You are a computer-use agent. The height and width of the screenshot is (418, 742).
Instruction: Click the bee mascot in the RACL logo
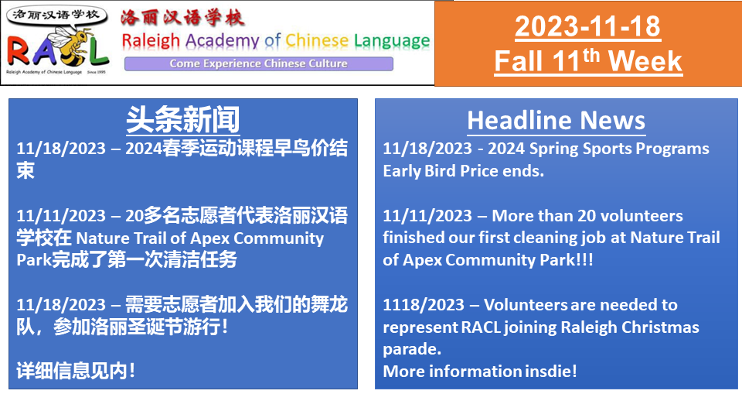click(x=71, y=44)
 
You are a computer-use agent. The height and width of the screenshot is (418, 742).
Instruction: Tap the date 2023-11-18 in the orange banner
click(x=587, y=26)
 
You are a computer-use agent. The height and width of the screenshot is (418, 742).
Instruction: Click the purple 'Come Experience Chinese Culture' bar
click(x=259, y=63)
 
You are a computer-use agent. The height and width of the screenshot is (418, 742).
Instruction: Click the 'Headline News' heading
click(x=556, y=121)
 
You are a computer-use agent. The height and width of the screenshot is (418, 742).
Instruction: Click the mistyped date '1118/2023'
click(x=424, y=305)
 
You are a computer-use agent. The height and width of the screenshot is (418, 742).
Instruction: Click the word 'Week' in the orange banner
click(x=645, y=61)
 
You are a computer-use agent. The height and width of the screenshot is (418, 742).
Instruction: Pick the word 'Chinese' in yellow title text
click(x=317, y=40)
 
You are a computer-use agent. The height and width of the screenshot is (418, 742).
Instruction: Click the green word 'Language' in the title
click(x=392, y=41)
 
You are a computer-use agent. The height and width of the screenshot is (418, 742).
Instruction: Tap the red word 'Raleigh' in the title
click(x=151, y=41)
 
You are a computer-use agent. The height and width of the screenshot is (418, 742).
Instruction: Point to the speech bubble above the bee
click(x=56, y=16)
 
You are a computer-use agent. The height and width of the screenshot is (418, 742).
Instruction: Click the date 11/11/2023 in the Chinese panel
click(x=61, y=216)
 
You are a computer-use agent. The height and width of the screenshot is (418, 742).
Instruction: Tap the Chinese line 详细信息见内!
click(x=76, y=371)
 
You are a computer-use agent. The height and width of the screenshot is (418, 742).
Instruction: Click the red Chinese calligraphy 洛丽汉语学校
click(x=182, y=18)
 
